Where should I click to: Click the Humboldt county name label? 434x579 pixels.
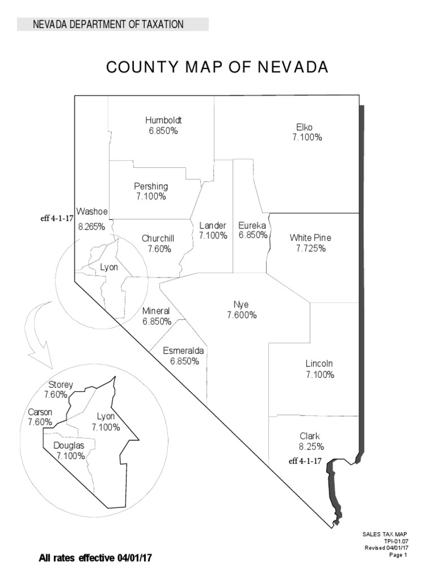(x=164, y=120)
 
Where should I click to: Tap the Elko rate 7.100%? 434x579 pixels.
(x=307, y=137)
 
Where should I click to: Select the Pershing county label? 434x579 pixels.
(x=151, y=186)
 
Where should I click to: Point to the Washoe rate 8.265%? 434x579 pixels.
(x=92, y=226)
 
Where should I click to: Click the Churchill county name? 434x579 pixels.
(x=158, y=239)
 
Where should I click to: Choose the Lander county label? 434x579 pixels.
(x=213, y=225)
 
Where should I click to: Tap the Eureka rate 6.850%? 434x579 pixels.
(x=253, y=235)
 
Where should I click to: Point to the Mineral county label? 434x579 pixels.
(x=156, y=311)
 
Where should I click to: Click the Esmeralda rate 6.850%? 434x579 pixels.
(x=184, y=361)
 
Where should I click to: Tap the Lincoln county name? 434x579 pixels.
(x=319, y=364)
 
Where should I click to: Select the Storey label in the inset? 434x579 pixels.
(x=61, y=384)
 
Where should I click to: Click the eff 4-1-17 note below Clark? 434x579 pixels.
(x=305, y=461)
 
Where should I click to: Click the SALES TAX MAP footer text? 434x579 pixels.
(x=385, y=534)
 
